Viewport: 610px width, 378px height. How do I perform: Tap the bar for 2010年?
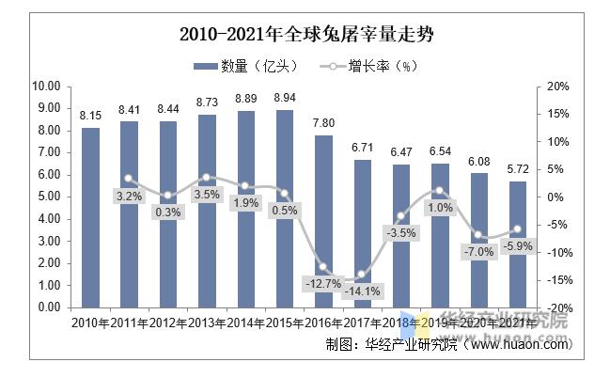pos(90,217)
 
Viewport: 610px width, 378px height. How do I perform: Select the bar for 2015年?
pos(282,209)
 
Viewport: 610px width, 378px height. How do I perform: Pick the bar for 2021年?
pos(518,244)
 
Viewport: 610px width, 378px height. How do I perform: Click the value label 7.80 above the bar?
pos(322,123)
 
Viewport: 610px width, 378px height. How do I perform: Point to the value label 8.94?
pos(283,98)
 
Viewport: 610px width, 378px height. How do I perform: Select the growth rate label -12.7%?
pos(322,283)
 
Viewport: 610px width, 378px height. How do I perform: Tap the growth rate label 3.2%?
pos(129,196)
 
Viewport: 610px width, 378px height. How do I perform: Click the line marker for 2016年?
pos(322,267)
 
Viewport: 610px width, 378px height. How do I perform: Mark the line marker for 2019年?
pos(439,191)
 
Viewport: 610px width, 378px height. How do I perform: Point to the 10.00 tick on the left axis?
pos(46,86)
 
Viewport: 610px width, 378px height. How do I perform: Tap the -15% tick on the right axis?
pos(557,280)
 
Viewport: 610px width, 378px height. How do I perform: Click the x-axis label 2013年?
pos(207,323)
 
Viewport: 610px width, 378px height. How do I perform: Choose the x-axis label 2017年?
pos(361,323)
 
